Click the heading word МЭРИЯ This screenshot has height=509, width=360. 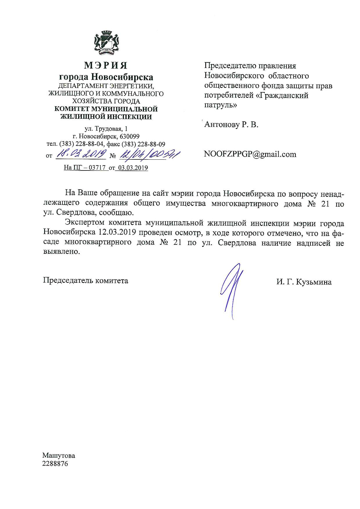(106, 65)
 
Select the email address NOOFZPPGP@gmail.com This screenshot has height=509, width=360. (250, 154)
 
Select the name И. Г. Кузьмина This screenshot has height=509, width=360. (304, 282)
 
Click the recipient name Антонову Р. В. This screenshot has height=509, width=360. (231, 125)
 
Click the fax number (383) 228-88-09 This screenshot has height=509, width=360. (143, 144)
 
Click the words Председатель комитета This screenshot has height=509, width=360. (86, 281)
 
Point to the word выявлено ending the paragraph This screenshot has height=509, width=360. (61, 252)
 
